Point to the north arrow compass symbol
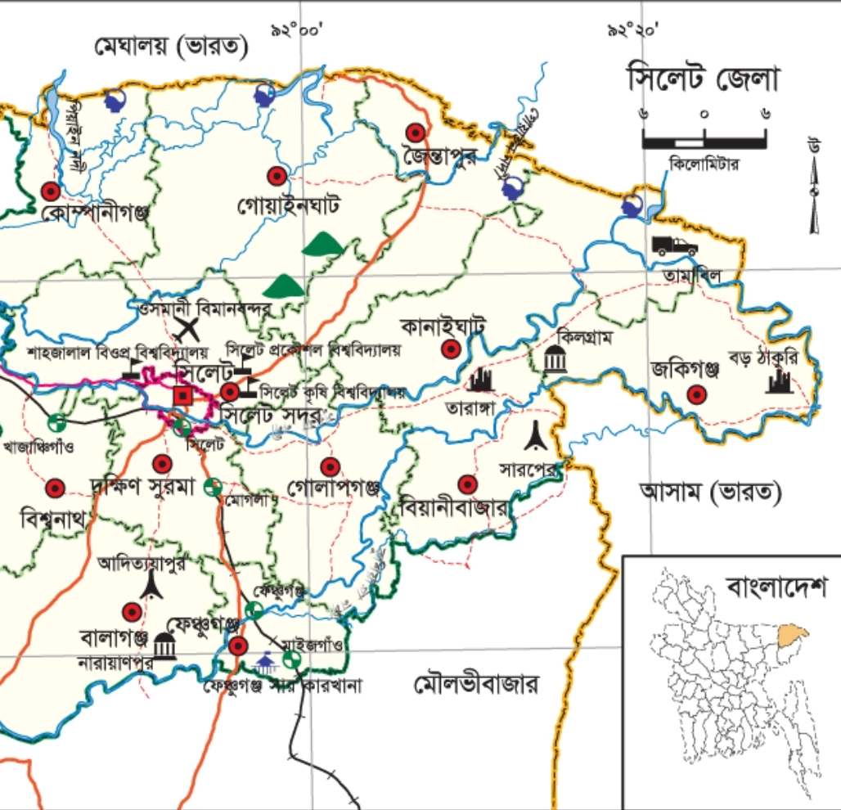click(814, 188)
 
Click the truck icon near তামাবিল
click(674, 245)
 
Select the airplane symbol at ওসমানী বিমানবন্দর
click(189, 330)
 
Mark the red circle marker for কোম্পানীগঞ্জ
click(51, 191)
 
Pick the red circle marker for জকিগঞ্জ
click(696, 395)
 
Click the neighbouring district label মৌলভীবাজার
click(476, 684)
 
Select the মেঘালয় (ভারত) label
click(170, 47)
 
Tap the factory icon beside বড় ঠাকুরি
click(779, 381)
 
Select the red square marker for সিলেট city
click(183, 397)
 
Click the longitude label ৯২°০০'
click(298, 30)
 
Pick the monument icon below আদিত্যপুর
click(150, 585)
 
